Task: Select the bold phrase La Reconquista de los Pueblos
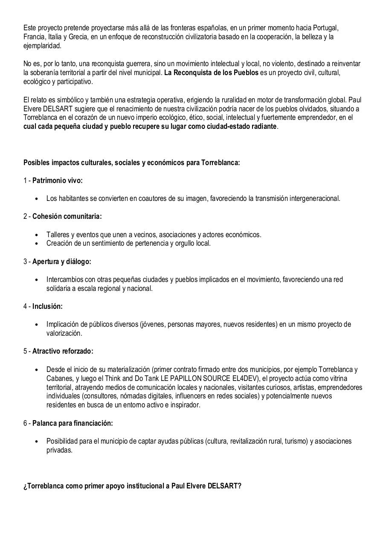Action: (211, 73)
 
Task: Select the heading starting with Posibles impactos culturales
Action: (132, 163)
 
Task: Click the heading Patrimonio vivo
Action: (58, 180)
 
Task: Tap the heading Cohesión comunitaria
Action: (67, 216)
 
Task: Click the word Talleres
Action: (58, 235)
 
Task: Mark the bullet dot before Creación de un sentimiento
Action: (37, 244)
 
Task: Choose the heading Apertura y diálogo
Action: (62, 261)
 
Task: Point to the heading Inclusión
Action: (47, 306)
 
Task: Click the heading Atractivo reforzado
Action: (63, 351)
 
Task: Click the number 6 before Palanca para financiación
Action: (25, 423)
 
